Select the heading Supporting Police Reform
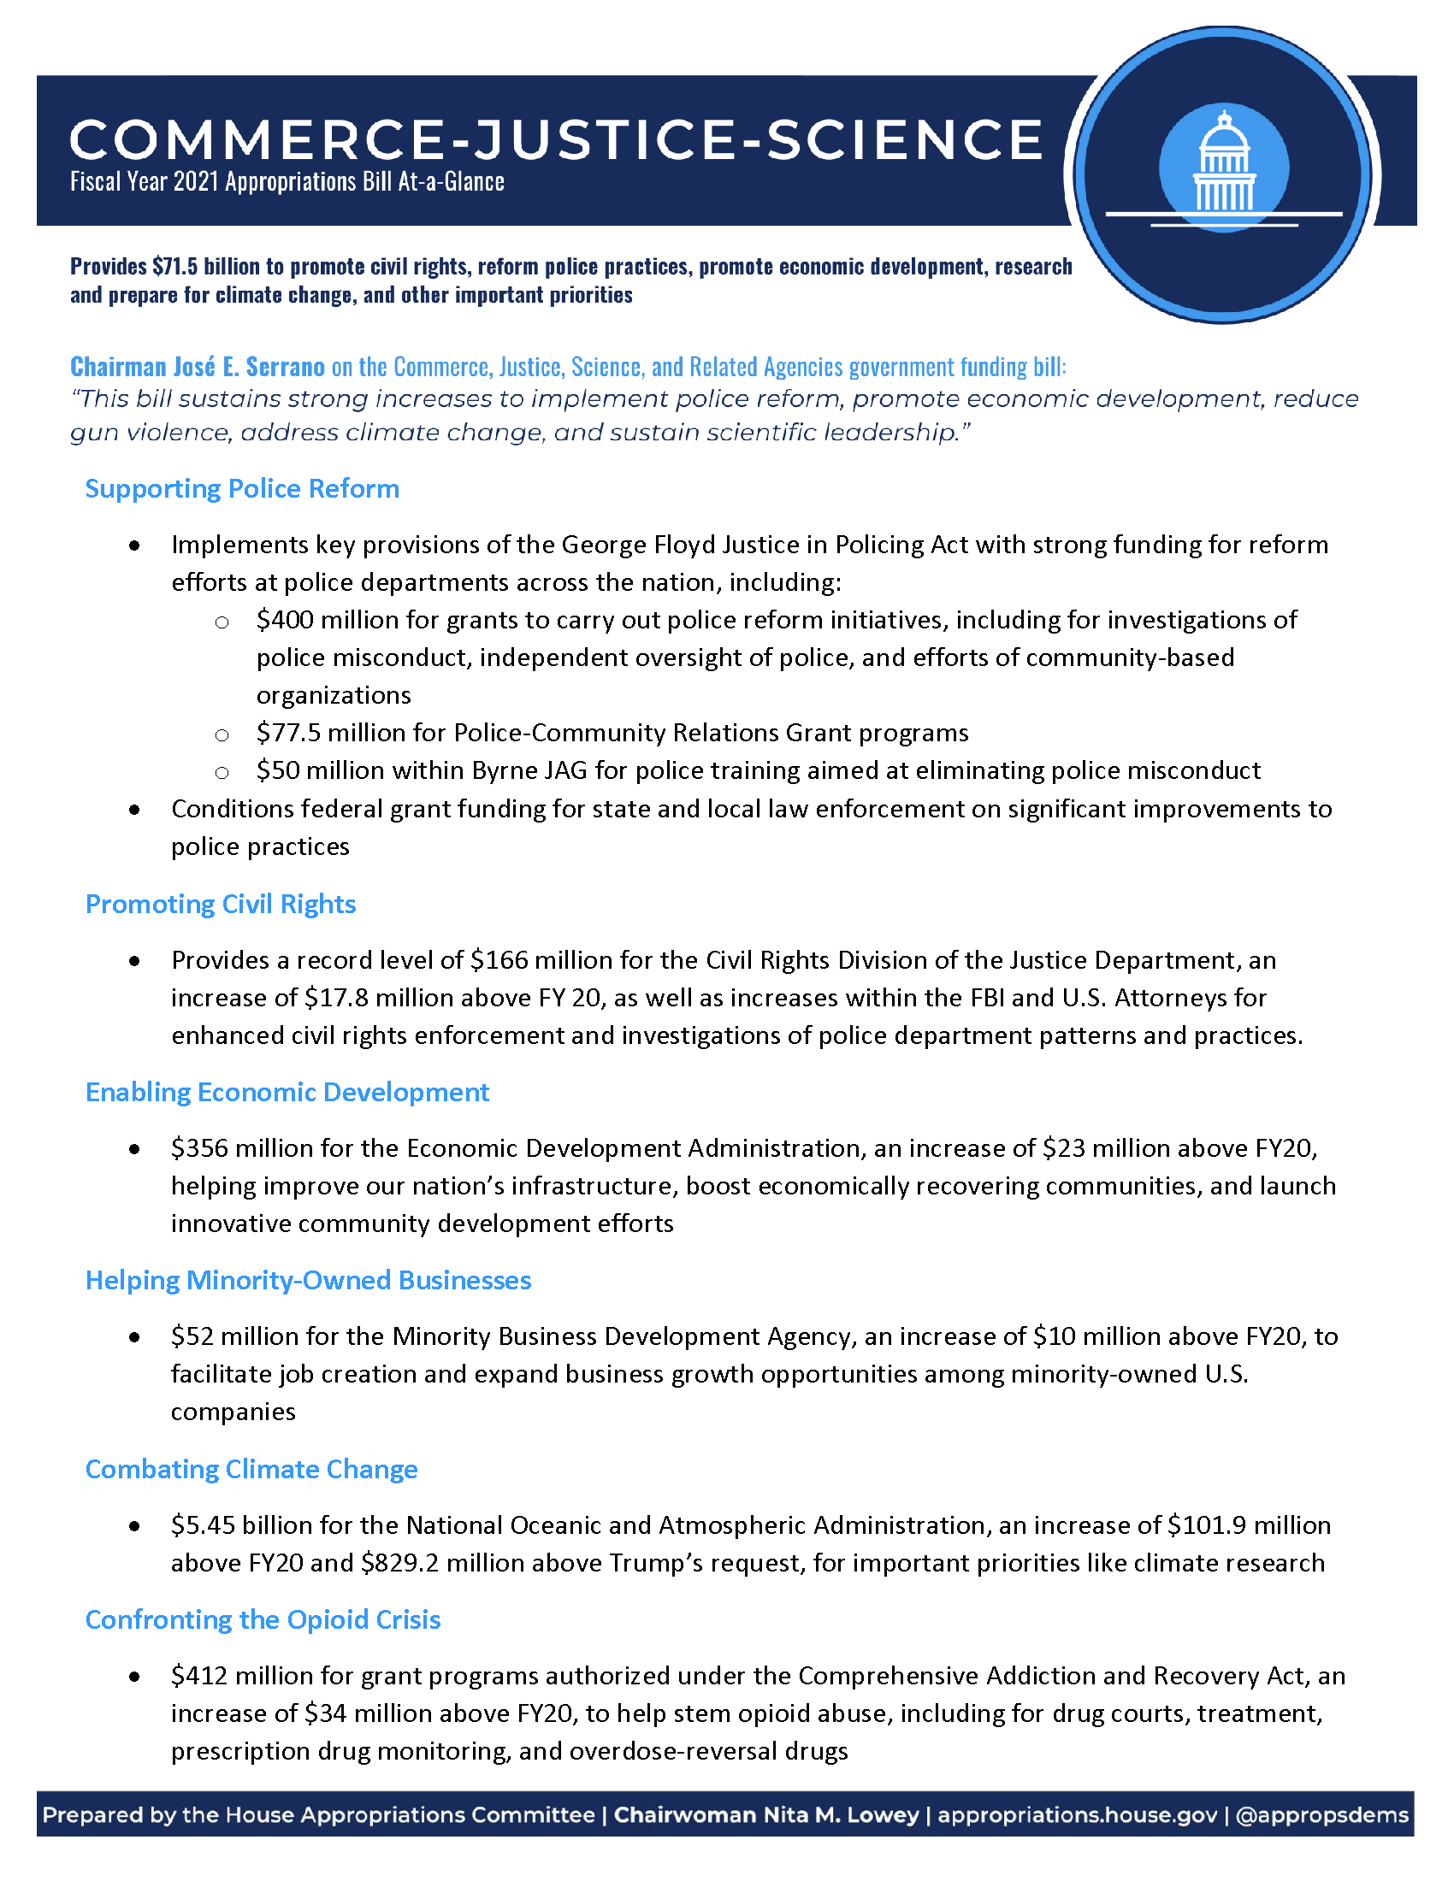click(242, 489)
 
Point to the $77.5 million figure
click(317, 733)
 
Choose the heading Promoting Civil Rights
click(221, 905)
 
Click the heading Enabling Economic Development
click(287, 1093)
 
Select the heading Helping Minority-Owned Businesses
click(308, 1281)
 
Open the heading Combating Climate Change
click(251, 1469)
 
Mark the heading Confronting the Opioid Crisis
click(263, 1620)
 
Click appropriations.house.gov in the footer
click(1077, 1815)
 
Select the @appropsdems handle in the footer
click(1322, 1815)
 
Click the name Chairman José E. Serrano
click(198, 368)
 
